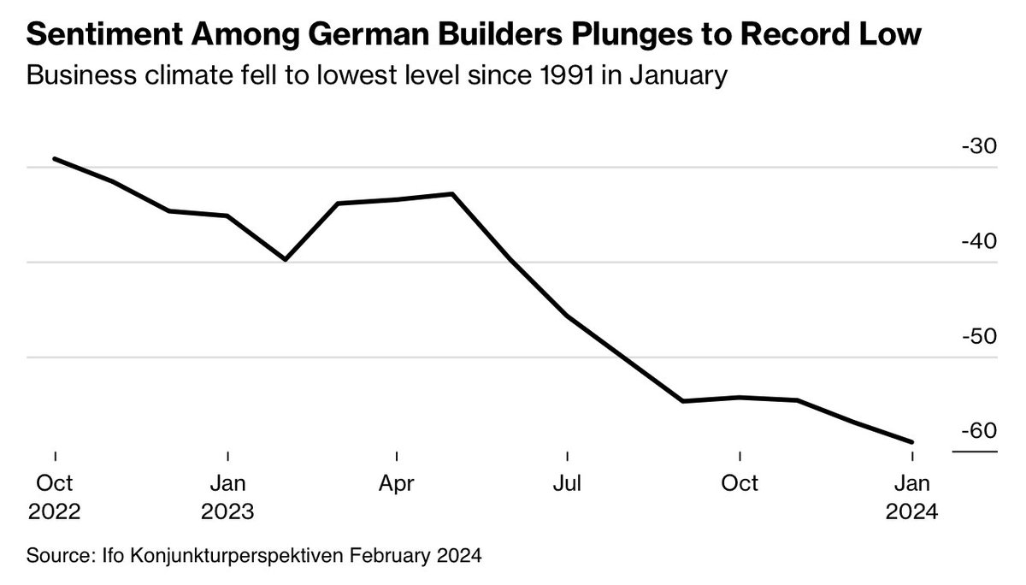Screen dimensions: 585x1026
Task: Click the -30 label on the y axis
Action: point(978,146)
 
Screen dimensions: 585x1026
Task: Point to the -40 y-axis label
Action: point(978,241)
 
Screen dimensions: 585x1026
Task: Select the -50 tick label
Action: point(978,336)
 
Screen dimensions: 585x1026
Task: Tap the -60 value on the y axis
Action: point(978,430)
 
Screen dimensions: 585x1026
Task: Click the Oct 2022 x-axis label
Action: point(55,497)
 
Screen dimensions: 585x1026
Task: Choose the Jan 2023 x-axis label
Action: point(227,497)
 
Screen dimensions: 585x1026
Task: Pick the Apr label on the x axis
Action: point(397,484)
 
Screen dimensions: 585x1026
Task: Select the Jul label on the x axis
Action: point(568,484)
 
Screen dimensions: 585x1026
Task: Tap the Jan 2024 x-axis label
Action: point(912,497)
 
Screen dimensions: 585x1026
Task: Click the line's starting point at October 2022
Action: point(55,158)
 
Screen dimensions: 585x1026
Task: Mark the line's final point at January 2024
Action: point(912,442)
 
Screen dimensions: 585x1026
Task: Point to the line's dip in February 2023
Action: point(285,259)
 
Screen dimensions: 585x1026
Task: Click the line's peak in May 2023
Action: point(452,193)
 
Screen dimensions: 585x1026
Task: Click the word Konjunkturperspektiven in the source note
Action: point(237,556)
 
